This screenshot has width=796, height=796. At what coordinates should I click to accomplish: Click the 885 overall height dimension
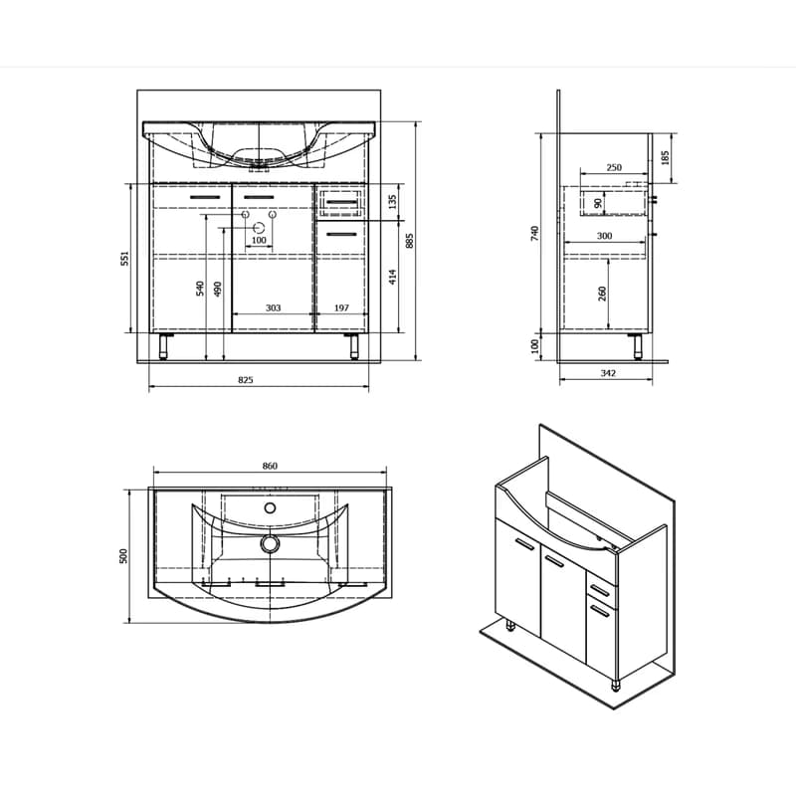pyautogui.click(x=410, y=241)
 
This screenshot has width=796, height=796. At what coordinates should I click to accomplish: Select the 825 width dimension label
pyautogui.click(x=245, y=379)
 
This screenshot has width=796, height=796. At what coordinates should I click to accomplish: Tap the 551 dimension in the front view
pyautogui.click(x=125, y=258)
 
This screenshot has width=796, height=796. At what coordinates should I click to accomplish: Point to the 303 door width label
pyautogui.click(x=273, y=307)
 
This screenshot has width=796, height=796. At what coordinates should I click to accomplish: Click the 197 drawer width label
pyautogui.click(x=341, y=307)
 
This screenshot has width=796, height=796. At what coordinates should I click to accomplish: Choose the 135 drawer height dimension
pyautogui.click(x=392, y=202)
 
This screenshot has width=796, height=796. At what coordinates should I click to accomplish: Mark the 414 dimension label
pyautogui.click(x=392, y=277)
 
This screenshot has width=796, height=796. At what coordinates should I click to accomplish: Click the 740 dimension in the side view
pyautogui.click(x=534, y=233)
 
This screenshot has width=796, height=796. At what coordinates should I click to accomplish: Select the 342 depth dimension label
pyautogui.click(x=608, y=373)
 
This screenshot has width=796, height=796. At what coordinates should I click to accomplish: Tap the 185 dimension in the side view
pyautogui.click(x=666, y=158)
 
